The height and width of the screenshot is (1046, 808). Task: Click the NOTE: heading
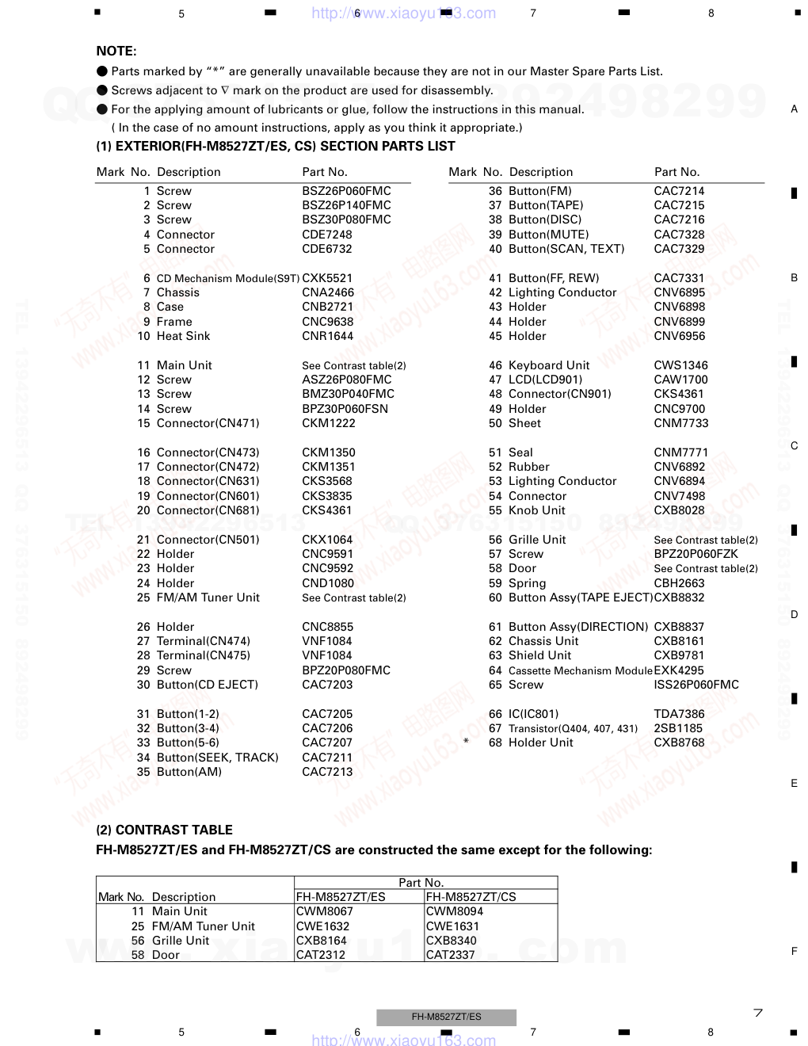(116, 52)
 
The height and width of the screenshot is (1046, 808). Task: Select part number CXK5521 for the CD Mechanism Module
(327, 278)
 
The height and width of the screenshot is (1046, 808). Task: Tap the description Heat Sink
(183, 336)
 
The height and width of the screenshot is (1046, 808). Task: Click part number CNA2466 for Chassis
(328, 292)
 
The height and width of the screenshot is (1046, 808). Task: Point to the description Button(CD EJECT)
(208, 685)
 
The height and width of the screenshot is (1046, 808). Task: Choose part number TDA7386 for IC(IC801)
(679, 714)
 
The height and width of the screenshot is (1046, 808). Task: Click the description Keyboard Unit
(549, 365)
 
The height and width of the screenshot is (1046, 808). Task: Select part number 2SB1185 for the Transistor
(678, 728)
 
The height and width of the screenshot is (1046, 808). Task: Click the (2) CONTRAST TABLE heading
(164, 830)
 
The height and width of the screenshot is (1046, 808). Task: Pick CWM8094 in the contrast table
(455, 911)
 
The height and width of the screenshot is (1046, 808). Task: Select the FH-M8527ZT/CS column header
(471, 897)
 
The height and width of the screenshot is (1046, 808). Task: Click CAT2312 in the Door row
(321, 955)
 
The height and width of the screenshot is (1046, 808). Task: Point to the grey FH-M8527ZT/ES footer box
(446, 1017)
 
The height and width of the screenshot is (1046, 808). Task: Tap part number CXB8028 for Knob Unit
(679, 510)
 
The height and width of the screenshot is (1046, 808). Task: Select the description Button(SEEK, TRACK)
(218, 758)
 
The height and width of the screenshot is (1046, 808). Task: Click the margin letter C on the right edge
(794, 446)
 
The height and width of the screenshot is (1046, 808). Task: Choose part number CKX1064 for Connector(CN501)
(327, 540)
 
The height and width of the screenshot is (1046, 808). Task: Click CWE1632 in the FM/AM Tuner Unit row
(322, 926)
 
